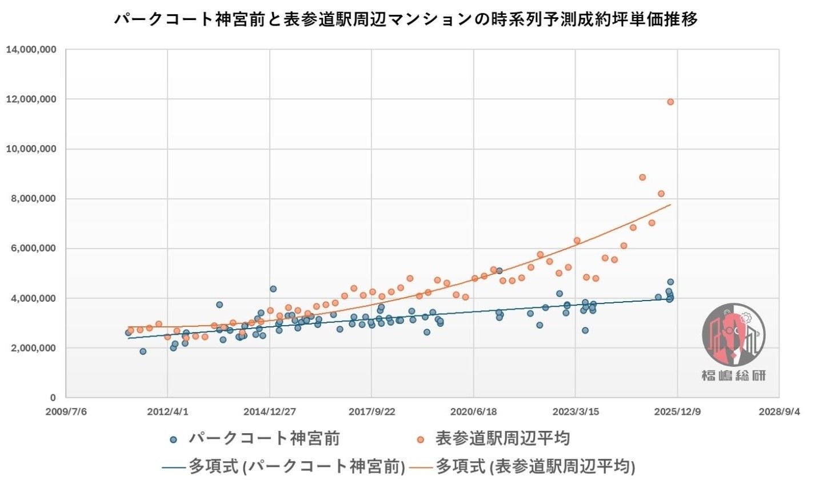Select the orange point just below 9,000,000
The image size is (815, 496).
pyautogui.click(x=642, y=177)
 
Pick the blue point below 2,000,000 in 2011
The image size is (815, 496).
pyautogui.click(x=143, y=351)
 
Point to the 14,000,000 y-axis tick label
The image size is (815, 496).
pyautogui.click(x=31, y=50)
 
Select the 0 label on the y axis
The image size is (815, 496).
pyautogui.click(x=53, y=398)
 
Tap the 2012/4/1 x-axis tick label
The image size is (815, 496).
pyautogui.click(x=167, y=411)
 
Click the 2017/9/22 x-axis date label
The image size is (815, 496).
pyautogui.click(x=371, y=411)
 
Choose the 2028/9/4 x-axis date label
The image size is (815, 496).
pyautogui.click(x=779, y=411)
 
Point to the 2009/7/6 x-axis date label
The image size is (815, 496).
pyautogui.click(x=66, y=411)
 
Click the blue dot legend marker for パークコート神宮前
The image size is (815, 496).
pyautogui.click(x=174, y=439)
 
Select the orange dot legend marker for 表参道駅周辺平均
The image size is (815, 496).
pyautogui.click(x=420, y=439)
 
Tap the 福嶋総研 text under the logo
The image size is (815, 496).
pyautogui.click(x=733, y=375)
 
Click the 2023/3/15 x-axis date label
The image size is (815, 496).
pyautogui.click(x=575, y=411)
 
